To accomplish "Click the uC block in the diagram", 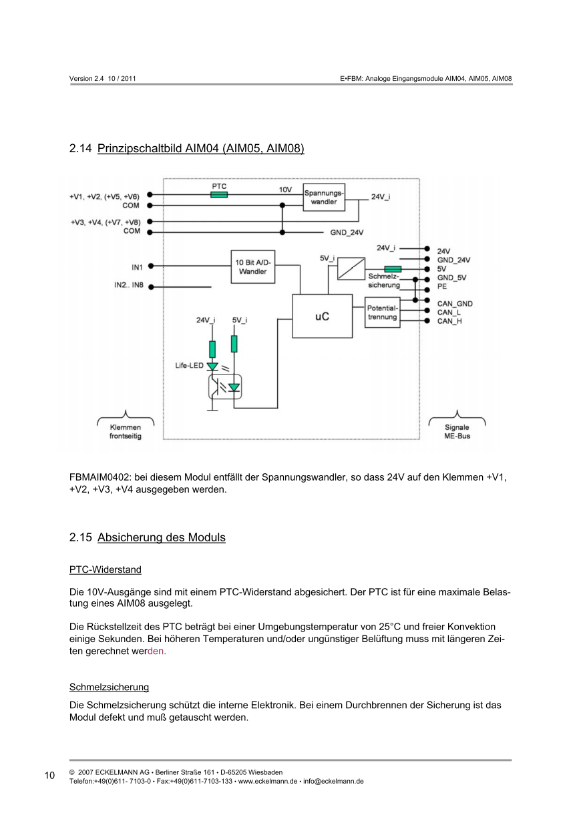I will click(322, 316).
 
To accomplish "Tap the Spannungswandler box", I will click(324, 197).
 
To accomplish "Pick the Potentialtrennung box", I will click(382, 313).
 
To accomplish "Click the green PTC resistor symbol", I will click(219, 195).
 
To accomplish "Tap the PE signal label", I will click(442, 286).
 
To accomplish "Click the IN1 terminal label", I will click(137, 267).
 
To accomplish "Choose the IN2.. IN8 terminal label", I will click(128, 286).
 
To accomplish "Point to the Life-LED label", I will click(190, 366).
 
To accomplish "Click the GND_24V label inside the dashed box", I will click(347, 233).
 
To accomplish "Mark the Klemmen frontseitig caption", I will click(126, 431).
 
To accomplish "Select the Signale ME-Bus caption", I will click(457, 431).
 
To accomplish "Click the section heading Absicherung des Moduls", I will click(161, 537).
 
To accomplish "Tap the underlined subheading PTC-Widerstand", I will click(106, 570).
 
